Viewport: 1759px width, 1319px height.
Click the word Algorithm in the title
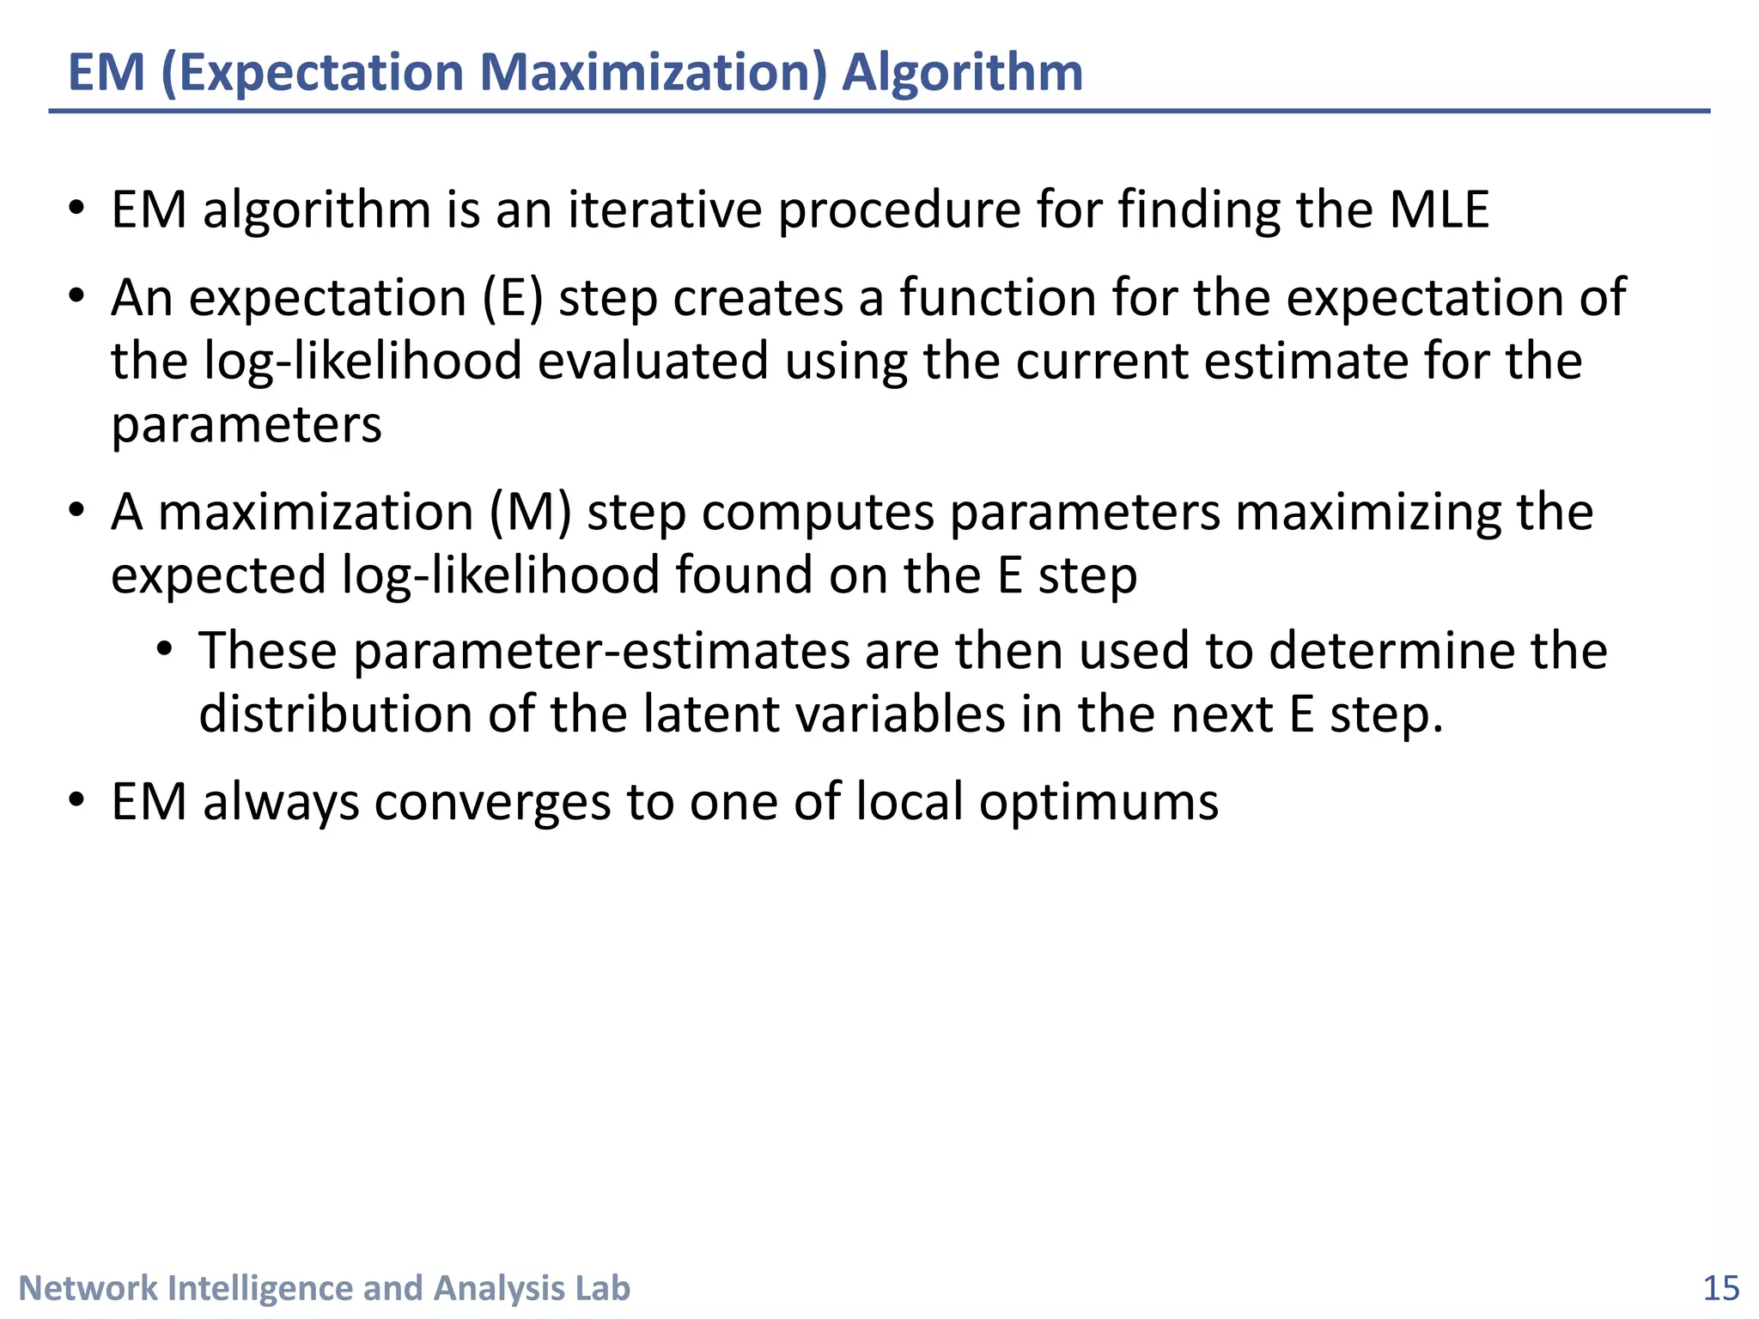point(962,72)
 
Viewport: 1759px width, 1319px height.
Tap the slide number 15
point(1720,1289)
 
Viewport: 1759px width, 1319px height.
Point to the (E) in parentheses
point(513,298)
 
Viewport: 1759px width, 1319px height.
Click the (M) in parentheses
point(530,513)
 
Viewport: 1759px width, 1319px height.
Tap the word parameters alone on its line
point(247,424)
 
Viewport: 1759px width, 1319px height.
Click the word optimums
point(1099,802)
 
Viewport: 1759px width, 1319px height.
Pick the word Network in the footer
point(88,1289)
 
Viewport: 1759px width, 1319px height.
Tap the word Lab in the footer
point(603,1289)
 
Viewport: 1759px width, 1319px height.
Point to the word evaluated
point(653,361)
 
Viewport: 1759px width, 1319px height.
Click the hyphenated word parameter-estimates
point(601,651)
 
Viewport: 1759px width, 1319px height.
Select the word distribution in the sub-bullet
point(335,714)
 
